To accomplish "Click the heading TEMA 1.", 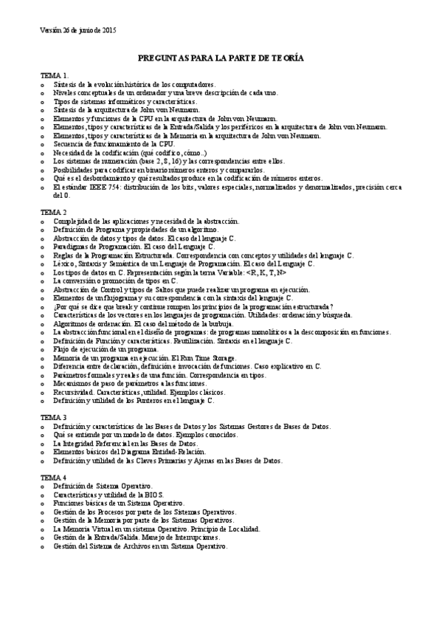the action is tap(55, 76).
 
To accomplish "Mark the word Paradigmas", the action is tap(72, 247).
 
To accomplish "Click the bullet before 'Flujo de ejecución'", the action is tap(43, 349).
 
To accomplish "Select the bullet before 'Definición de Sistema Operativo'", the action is tap(43, 486).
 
